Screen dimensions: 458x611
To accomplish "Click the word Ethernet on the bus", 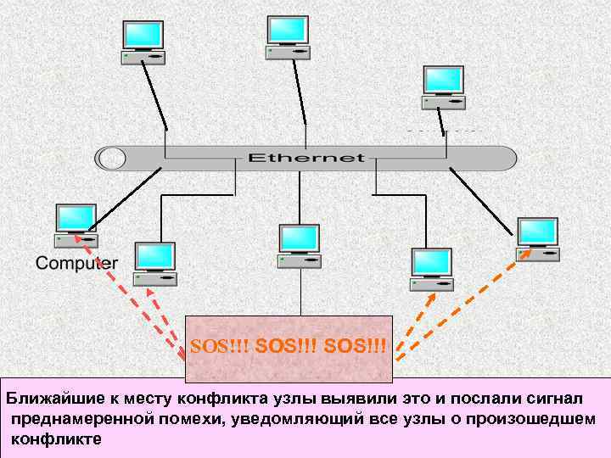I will pos(305,158).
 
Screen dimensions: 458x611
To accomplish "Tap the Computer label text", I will pos(76,263).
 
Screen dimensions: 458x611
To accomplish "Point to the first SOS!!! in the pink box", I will pos(220,347).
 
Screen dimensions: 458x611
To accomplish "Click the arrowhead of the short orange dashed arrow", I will pos(431,297).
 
